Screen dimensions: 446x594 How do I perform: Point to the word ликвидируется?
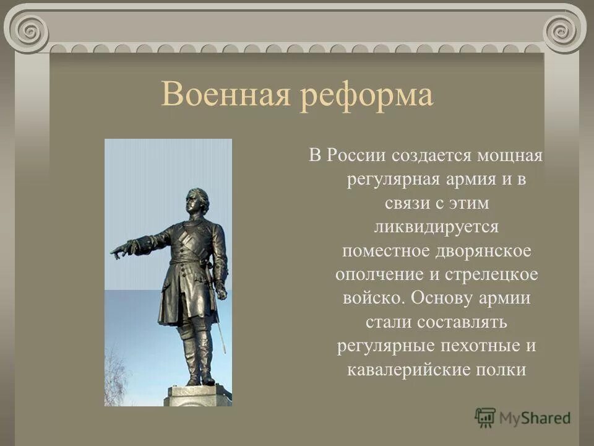436,227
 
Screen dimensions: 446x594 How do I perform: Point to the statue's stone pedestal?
198,395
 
